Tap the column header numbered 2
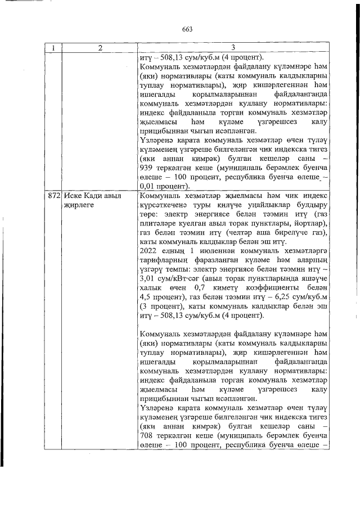coord(99,48)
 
